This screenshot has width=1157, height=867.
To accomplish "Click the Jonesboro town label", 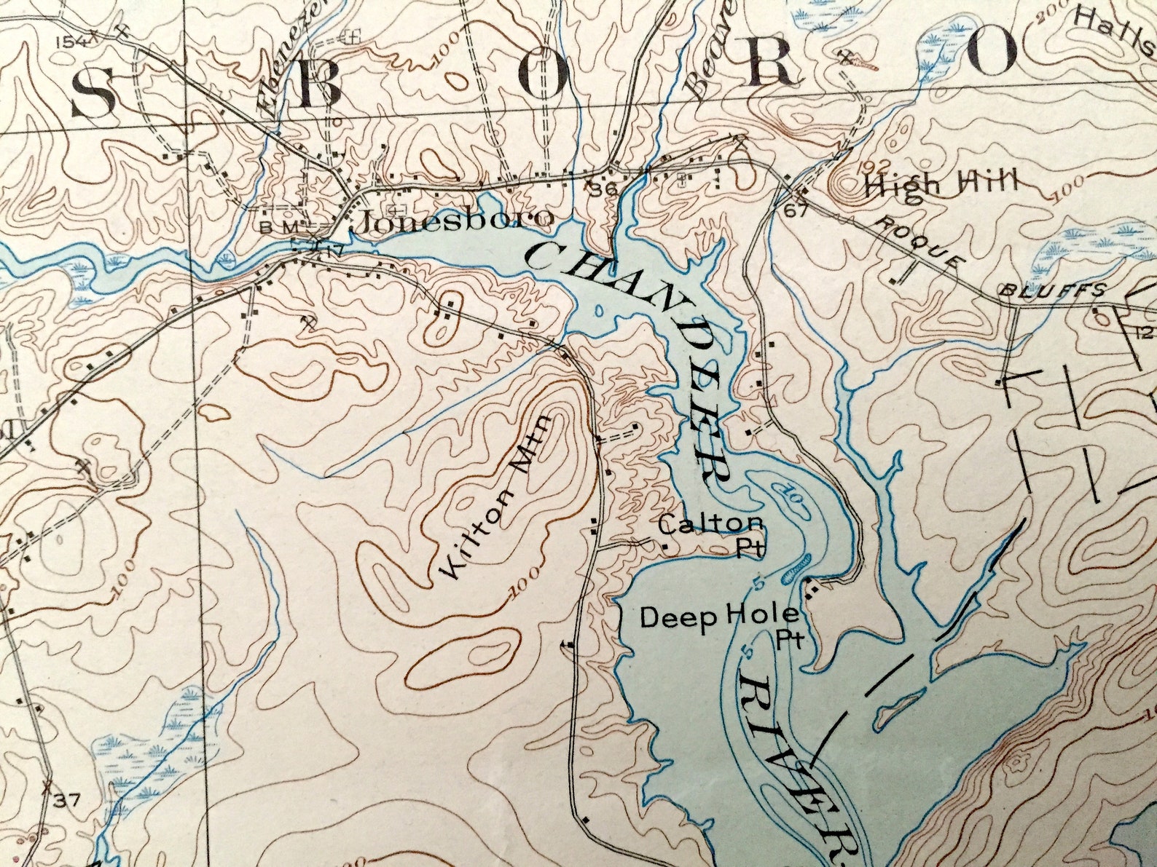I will [x=452, y=219].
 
